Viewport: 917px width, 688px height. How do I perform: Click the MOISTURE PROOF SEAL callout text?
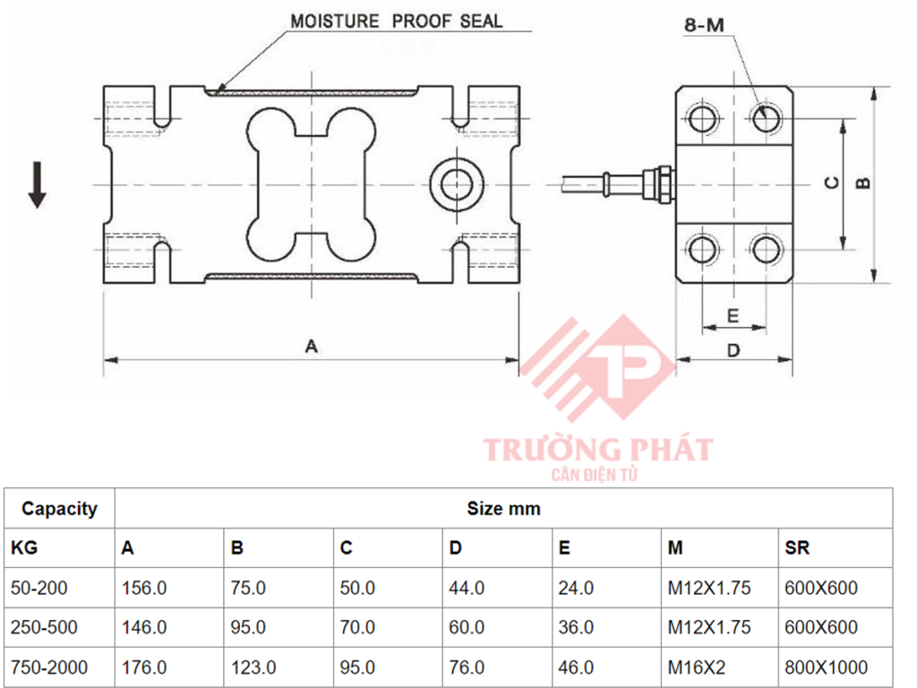click(x=397, y=20)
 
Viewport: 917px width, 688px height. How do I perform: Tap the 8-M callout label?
click(x=703, y=25)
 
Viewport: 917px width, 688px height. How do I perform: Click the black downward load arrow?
click(x=37, y=185)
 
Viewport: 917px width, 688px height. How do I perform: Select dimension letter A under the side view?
click(x=311, y=346)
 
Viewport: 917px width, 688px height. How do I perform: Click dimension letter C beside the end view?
click(x=831, y=183)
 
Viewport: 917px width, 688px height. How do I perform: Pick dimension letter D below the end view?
click(x=733, y=348)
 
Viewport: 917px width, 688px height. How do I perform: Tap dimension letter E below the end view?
click(x=733, y=315)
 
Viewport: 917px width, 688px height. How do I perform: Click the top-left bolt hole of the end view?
click(x=702, y=117)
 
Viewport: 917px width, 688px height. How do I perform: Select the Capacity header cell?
click(x=59, y=509)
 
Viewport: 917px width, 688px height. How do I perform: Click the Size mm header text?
click(x=503, y=509)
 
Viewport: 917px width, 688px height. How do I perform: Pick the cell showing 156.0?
click(x=144, y=589)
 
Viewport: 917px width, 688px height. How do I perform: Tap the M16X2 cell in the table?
click(x=696, y=667)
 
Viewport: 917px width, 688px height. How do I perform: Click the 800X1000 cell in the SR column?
click(x=826, y=667)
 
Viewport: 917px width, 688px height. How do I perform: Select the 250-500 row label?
click(x=44, y=628)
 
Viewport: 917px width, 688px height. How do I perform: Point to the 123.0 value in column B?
click(x=253, y=667)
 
